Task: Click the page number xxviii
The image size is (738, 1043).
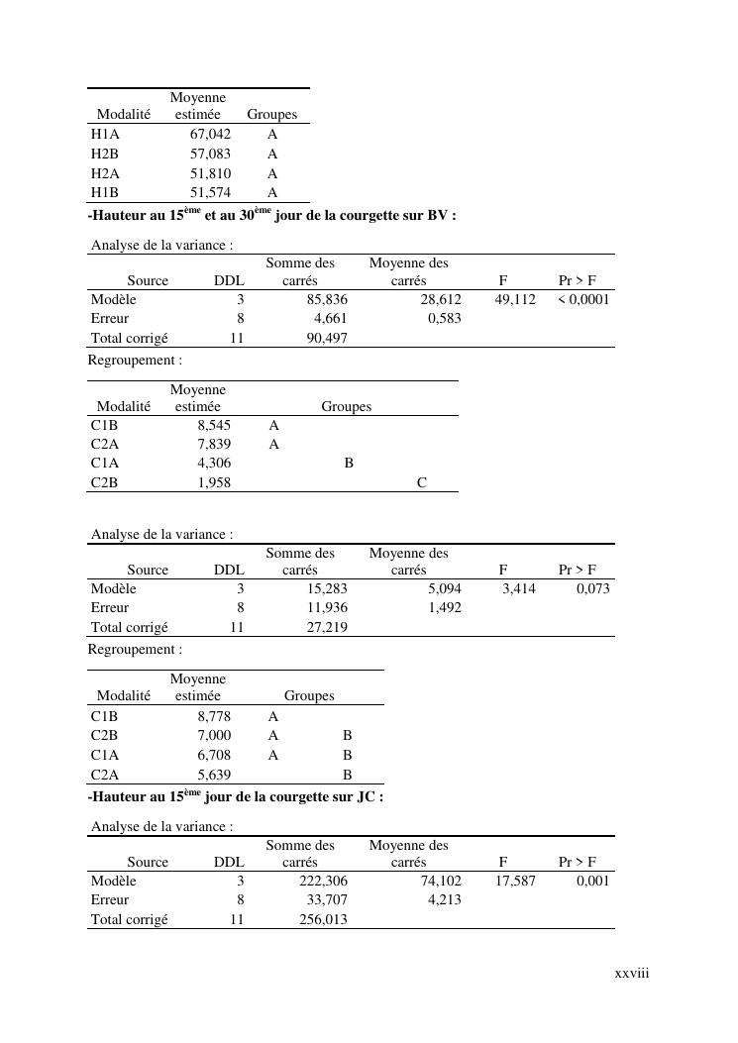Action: pos(631,974)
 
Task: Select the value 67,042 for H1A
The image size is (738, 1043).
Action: pos(210,135)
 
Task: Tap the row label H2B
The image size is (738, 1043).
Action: pos(104,155)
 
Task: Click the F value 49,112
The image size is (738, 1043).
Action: pos(515,299)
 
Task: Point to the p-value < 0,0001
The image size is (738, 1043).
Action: pos(583,299)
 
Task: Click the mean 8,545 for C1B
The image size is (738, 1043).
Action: pos(214,426)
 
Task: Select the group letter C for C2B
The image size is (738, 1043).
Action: pos(422,483)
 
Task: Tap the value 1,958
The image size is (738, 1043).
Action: pos(214,483)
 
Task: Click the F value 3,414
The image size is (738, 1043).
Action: pos(519,588)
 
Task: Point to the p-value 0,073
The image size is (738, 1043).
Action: pos(593,588)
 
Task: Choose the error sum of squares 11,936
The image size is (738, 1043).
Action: pos(327,607)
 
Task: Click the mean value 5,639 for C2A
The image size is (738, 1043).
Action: pos(214,776)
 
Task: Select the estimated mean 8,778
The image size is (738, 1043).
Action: pos(214,716)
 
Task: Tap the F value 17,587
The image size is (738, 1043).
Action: pos(515,881)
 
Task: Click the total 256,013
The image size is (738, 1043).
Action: pos(324,919)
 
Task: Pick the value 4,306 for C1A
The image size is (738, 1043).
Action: pos(214,464)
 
